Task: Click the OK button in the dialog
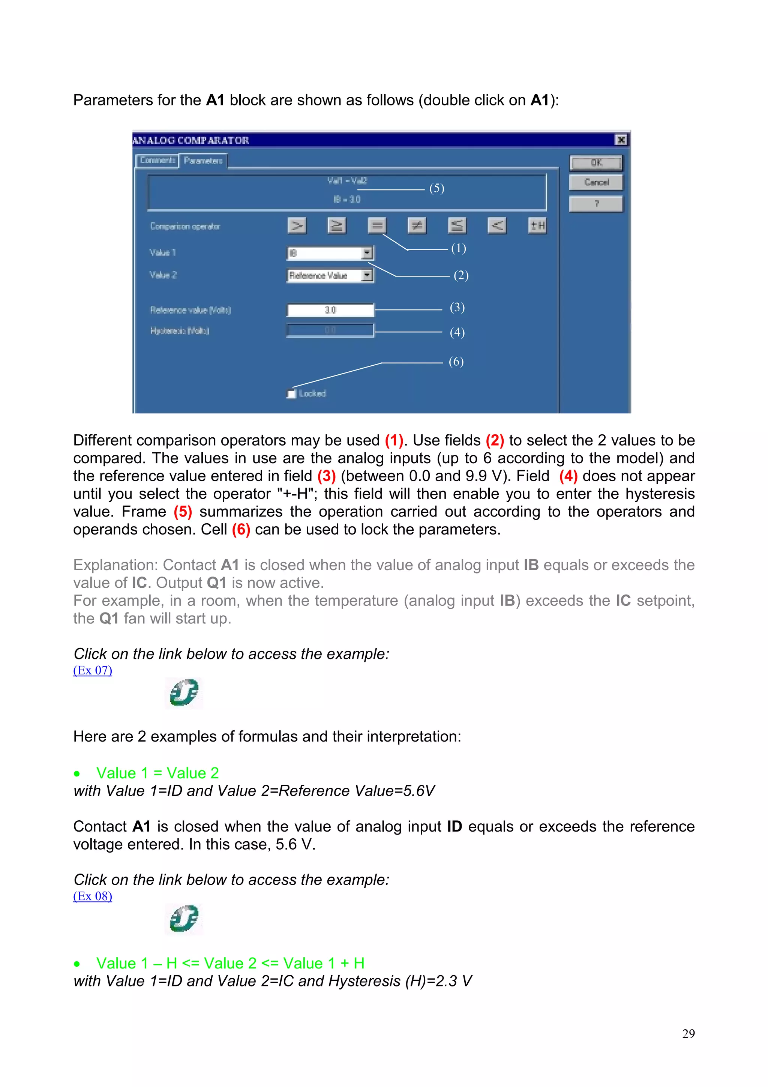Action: pyautogui.click(x=596, y=163)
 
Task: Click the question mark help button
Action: pyautogui.click(x=596, y=204)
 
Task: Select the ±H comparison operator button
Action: pyautogui.click(x=537, y=225)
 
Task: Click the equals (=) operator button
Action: pyautogui.click(x=376, y=225)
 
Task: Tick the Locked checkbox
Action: pyautogui.click(x=291, y=394)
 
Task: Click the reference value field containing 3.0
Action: pyautogui.click(x=330, y=310)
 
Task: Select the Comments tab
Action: pyautogui.click(x=157, y=161)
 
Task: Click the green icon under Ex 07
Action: pyautogui.click(x=184, y=693)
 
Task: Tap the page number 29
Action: pyautogui.click(x=688, y=1034)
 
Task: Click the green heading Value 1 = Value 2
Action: pyautogui.click(x=157, y=773)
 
